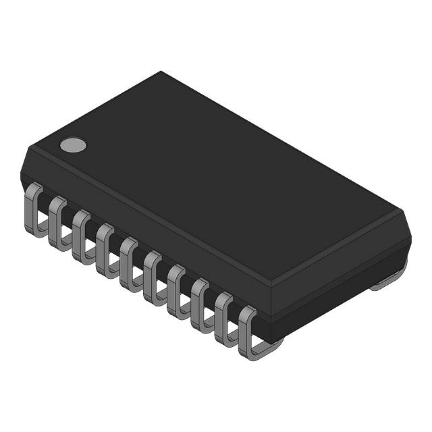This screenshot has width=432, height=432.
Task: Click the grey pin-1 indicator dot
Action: click(x=73, y=144)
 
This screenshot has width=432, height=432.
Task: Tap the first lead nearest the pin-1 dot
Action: click(x=32, y=209)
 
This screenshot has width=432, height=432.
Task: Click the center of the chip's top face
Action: click(x=216, y=179)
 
